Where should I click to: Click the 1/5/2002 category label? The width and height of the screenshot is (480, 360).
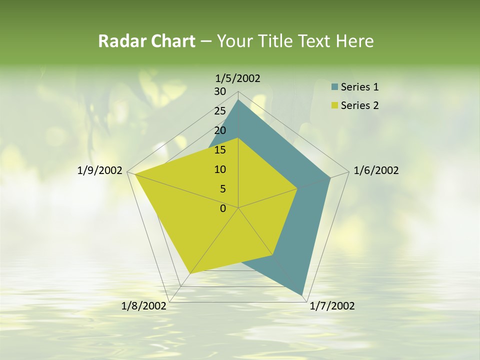coord(237,78)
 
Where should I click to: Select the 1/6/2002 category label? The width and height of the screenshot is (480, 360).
coord(376,170)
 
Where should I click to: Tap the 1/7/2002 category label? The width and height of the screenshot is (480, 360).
coord(332,306)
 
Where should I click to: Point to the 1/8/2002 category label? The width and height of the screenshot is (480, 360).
coord(144,306)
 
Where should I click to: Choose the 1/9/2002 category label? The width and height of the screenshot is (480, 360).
coord(100,170)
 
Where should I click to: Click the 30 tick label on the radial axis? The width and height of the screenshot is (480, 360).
coord(220,91)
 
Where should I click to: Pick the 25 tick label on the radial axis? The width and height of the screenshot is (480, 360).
coord(220,111)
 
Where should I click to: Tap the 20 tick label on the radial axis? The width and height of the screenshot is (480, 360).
coord(220,130)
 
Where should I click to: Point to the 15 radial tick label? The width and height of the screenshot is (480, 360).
coord(220,150)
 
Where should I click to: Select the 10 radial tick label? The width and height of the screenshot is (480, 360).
coord(220,169)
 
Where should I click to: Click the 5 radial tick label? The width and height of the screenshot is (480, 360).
coord(222,189)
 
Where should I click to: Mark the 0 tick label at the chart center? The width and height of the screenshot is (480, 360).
coord(223,208)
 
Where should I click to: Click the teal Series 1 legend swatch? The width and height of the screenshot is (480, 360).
coord(334,87)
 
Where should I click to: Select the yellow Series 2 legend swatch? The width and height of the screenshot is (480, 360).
coord(334,105)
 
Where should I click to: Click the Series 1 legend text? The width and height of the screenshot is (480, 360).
coord(359,87)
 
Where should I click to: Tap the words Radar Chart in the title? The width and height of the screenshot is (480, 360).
coord(146,41)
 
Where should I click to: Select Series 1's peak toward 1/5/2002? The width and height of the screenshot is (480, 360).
coord(238,100)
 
